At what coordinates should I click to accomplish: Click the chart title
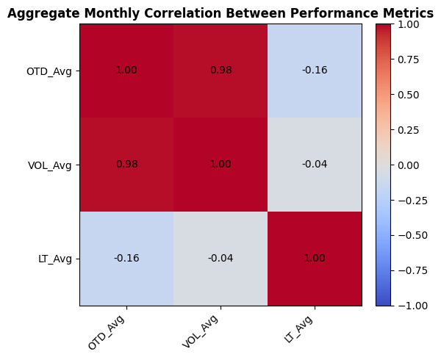(x=220, y=13)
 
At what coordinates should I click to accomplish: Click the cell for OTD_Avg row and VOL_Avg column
(x=220, y=71)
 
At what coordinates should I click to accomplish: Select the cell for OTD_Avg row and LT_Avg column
(x=315, y=71)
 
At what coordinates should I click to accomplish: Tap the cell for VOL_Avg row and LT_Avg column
(x=315, y=165)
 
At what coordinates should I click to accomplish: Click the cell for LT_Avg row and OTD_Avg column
(x=126, y=259)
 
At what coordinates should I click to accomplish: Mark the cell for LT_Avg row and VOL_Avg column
(x=220, y=259)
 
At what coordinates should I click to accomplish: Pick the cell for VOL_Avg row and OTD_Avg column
(x=126, y=165)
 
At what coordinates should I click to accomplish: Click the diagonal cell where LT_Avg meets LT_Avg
(x=315, y=259)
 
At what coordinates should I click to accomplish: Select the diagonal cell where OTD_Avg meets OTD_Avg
(x=126, y=71)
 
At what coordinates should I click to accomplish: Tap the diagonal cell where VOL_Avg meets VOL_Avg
(x=220, y=165)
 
